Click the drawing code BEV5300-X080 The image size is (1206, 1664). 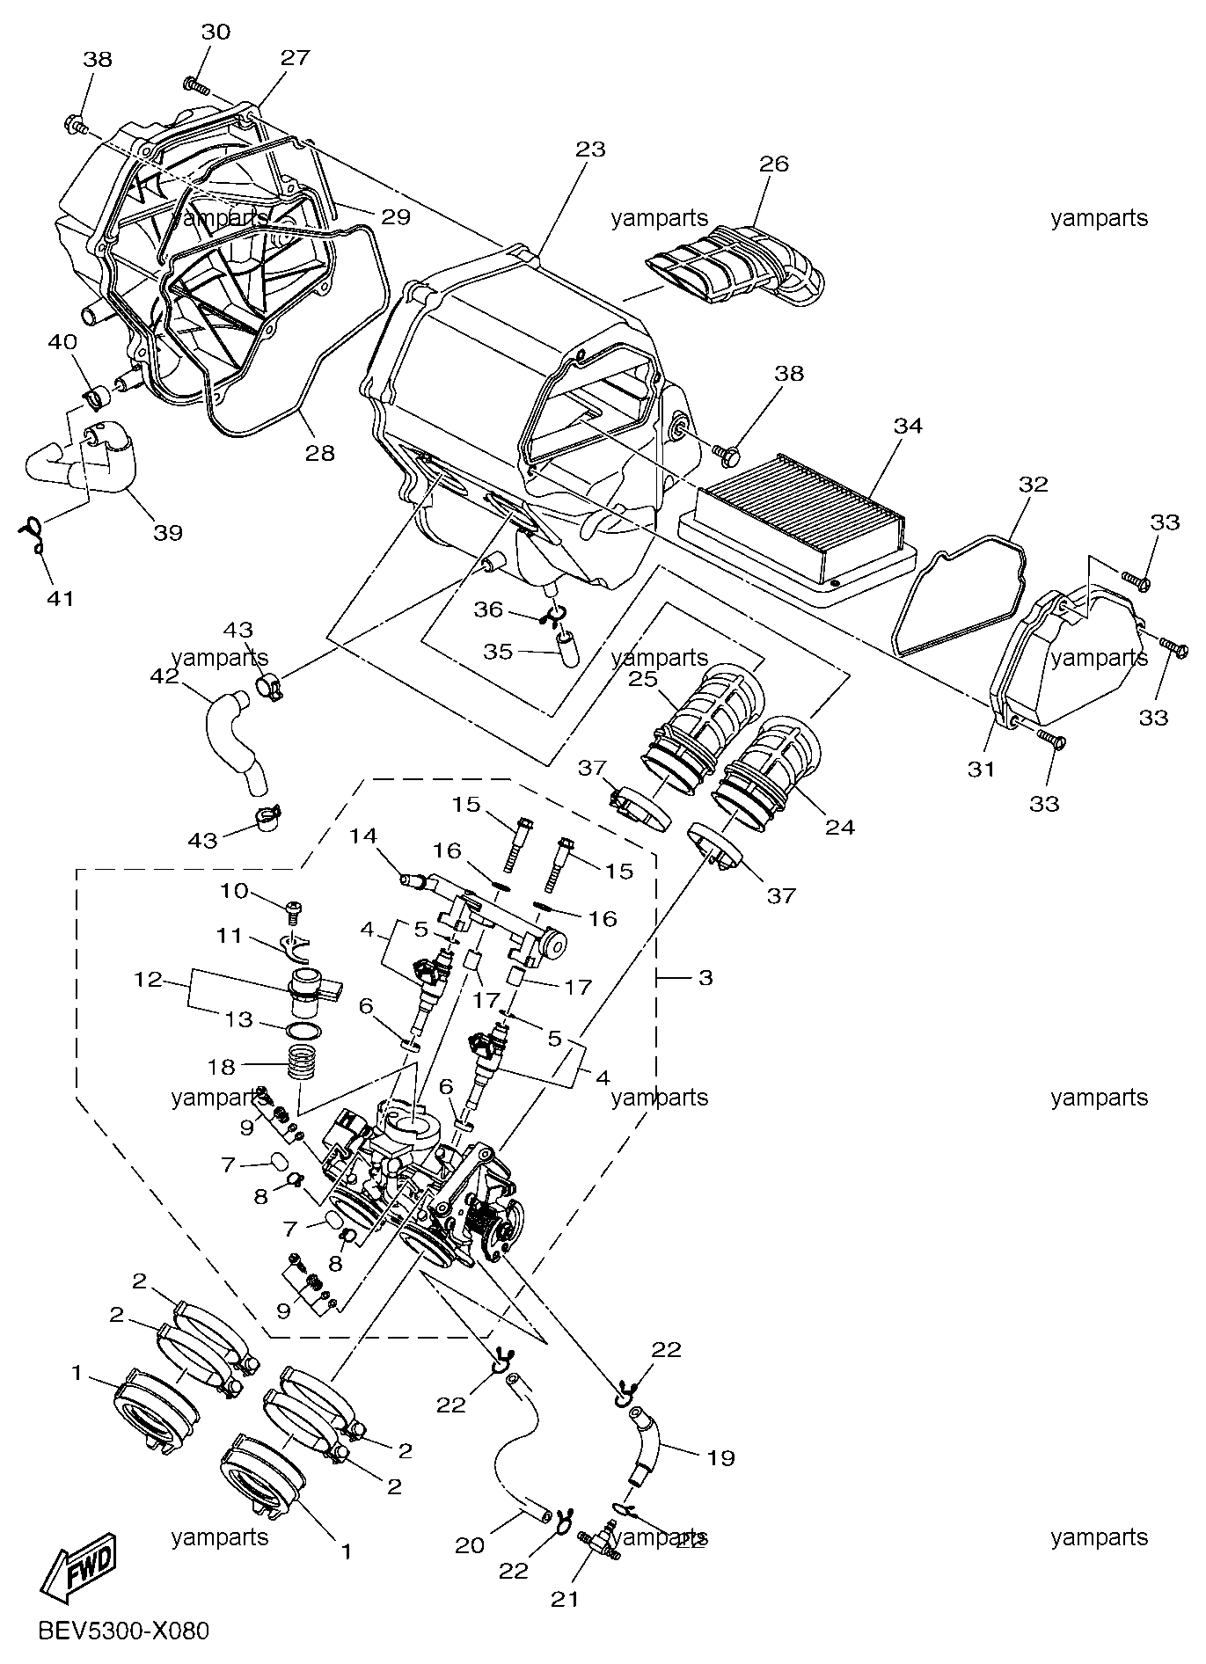click(124, 1631)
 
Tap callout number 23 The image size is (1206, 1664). click(591, 150)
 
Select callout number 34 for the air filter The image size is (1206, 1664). click(908, 427)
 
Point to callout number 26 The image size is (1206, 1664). click(774, 164)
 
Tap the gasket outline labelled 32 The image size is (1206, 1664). click(961, 598)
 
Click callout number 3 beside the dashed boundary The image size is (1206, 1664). click(705, 977)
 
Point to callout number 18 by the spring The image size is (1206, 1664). click(222, 1066)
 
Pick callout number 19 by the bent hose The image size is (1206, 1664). click(720, 1457)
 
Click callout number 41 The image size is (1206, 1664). click(60, 599)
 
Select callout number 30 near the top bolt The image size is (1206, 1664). click(216, 33)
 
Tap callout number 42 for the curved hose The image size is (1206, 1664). click(165, 676)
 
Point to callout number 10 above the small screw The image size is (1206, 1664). click(235, 891)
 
